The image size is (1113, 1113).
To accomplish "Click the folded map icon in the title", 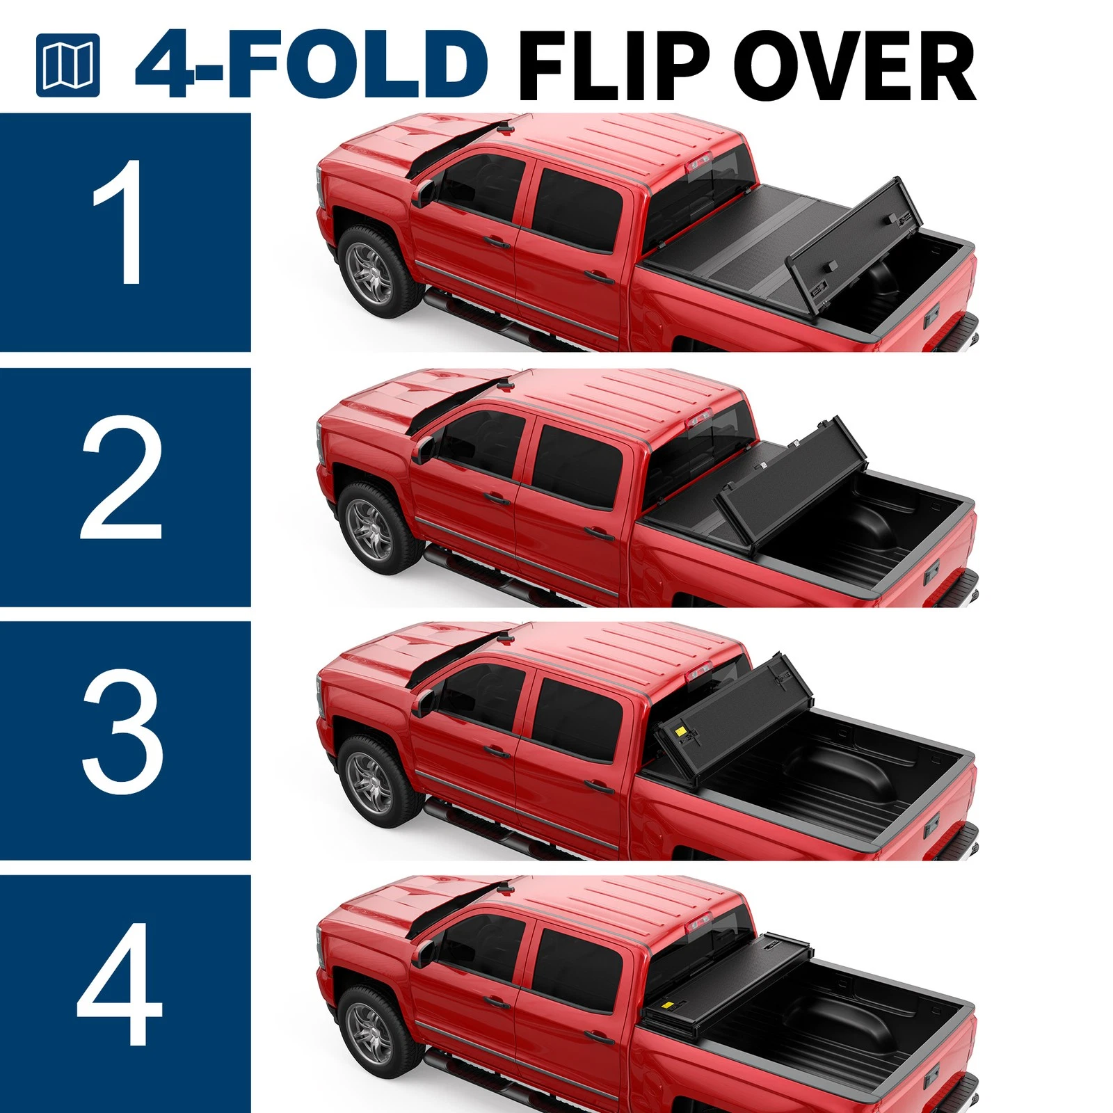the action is [x=67, y=65].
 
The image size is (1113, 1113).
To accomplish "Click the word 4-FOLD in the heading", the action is [x=312, y=64].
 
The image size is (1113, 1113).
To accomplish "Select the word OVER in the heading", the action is [x=854, y=65].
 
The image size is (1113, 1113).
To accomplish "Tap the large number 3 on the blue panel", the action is [x=122, y=731].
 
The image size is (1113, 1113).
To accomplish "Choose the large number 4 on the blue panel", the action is [x=120, y=985].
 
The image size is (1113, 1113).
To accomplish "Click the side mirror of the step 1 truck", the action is [x=424, y=193].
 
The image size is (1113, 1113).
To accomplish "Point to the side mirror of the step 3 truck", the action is [x=424, y=702].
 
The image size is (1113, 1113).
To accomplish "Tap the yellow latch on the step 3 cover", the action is [x=680, y=732].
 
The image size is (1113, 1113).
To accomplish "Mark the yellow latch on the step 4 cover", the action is [x=667, y=1004].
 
